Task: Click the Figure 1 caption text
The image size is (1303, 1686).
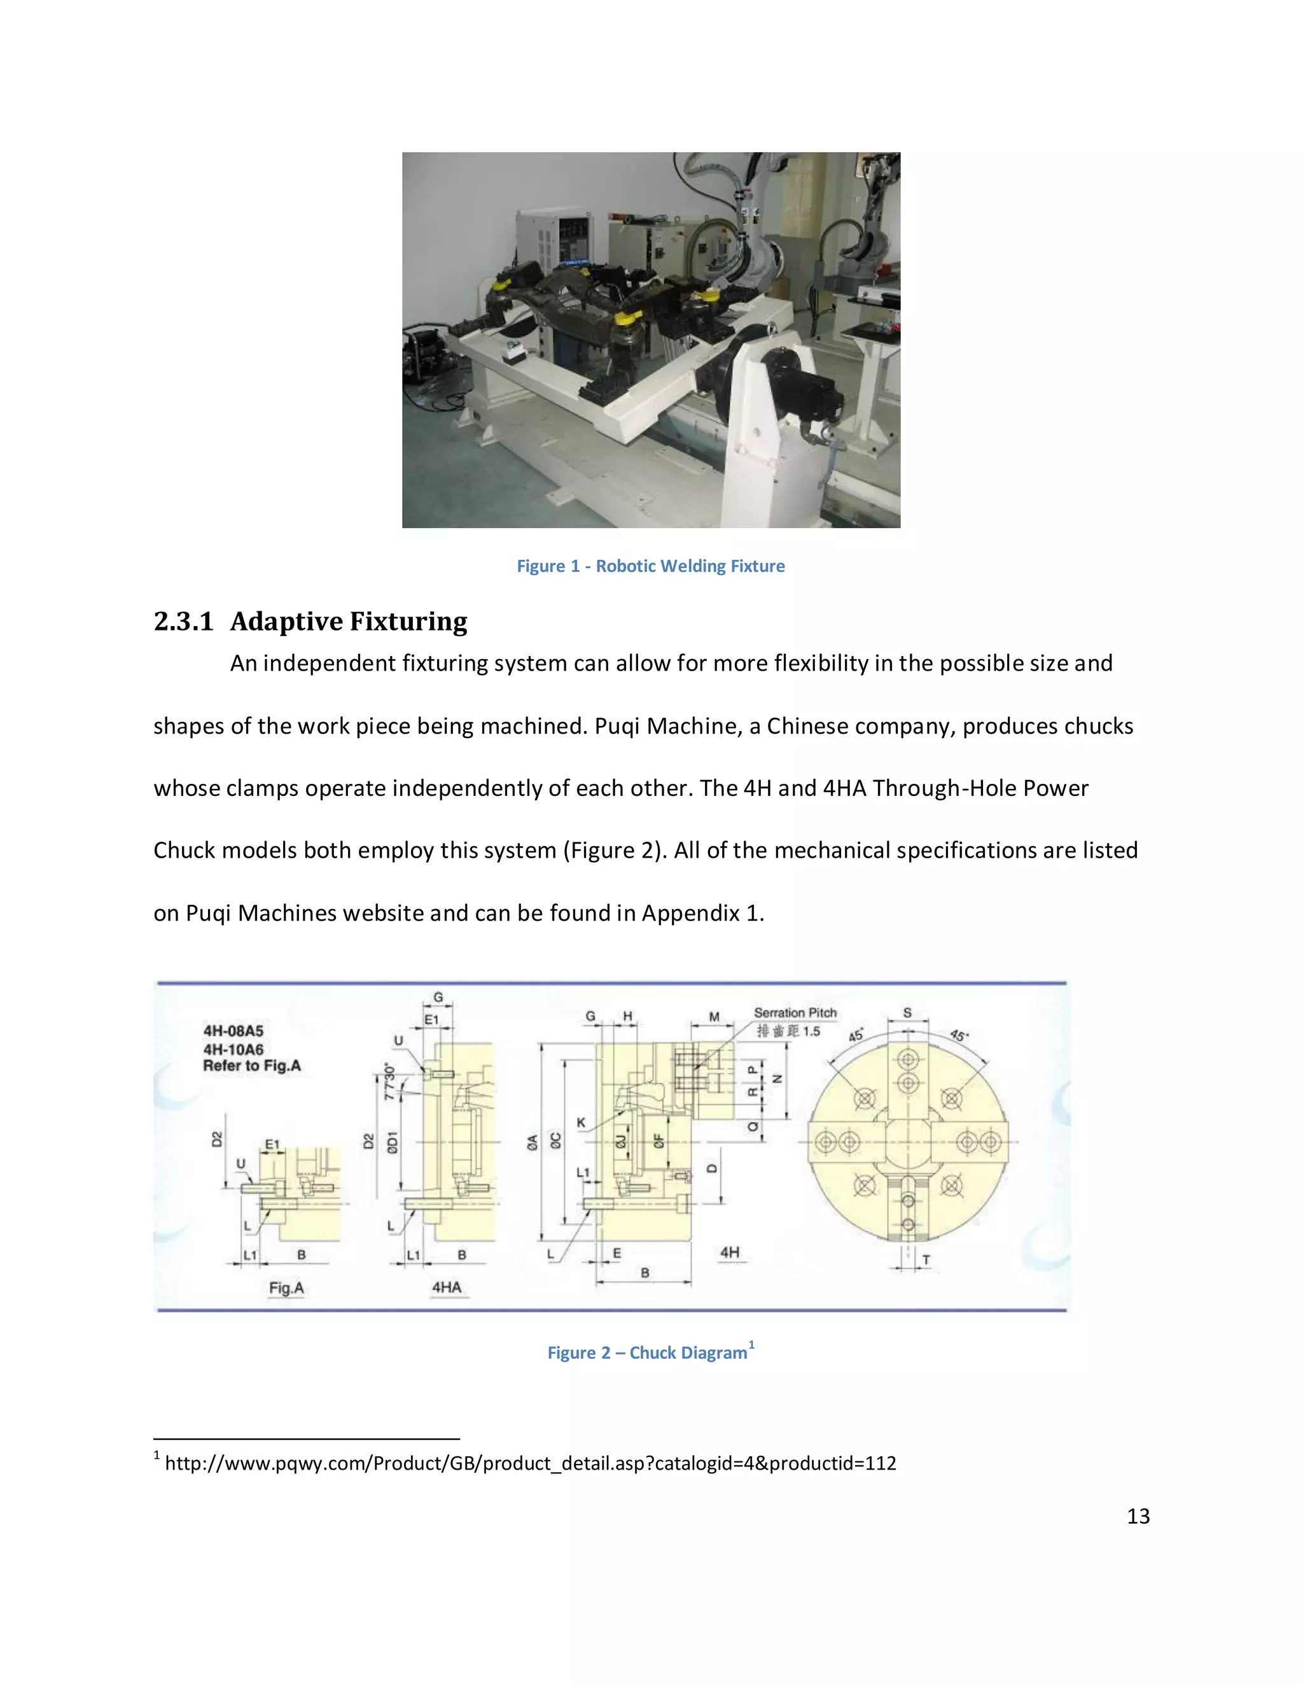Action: pos(650,566)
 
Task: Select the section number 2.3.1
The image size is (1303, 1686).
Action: pos(183,622)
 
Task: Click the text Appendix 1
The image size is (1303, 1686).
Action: pos(702,913)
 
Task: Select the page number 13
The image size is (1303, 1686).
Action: pos(1138,1516)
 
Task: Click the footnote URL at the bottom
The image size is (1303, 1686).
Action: pos(531,1463)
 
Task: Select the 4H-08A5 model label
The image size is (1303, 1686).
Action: pos(233,1031)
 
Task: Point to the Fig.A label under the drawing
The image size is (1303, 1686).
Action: pos(286,1288)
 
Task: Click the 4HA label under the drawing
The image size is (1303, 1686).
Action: pos(446,1287)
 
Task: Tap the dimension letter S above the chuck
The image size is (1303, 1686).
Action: pos(907,1012)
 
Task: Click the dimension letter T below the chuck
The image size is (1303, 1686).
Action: pos(926,1260)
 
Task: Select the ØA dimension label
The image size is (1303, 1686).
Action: pos(533,1143)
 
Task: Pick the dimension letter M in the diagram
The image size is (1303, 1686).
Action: pos(714,1017)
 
